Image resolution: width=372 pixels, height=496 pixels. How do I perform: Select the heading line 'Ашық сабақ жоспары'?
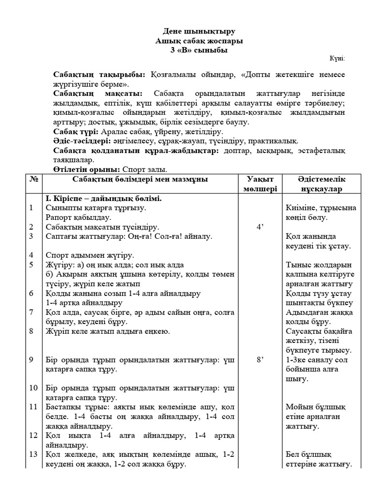(x=199, y=41)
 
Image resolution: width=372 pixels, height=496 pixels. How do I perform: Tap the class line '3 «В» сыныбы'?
(x=199, y=50)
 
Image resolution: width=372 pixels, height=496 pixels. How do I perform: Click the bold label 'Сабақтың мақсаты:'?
(x=97, y=93)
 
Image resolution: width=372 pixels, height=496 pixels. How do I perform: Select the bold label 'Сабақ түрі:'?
(x=75, y=131)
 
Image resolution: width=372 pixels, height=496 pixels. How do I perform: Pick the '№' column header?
(x=33, y=179)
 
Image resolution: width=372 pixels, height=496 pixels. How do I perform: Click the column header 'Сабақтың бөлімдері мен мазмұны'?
(x=140, y=179)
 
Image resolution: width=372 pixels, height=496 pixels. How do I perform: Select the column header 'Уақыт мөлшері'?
(x=261, y=184)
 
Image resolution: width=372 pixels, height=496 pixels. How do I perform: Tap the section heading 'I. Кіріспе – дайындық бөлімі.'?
(x=103, y=198)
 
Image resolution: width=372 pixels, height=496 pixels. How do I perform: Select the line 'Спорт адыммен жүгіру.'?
(x=90, y=255)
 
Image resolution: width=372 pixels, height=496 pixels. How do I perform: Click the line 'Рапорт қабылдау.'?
(x=78, y=217)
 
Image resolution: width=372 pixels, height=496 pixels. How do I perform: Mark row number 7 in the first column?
(x=31, y=312)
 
